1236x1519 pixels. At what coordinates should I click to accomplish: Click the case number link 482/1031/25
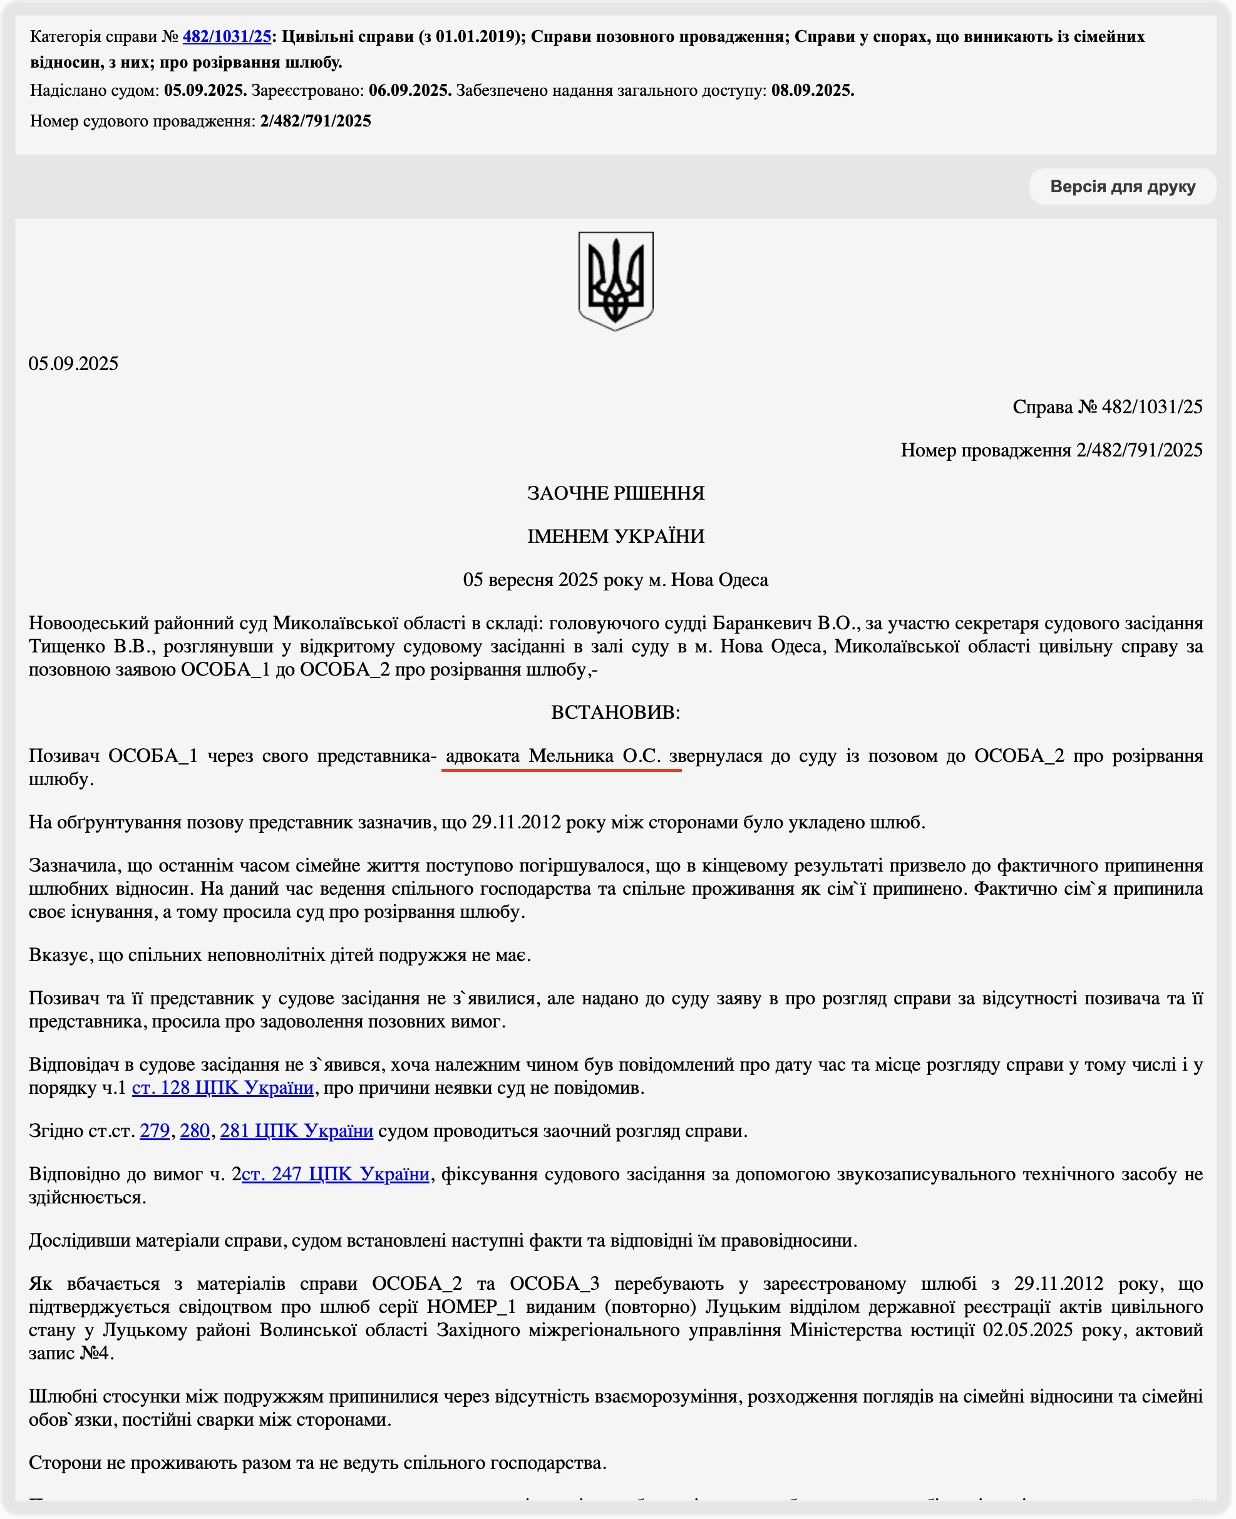click(227, 36)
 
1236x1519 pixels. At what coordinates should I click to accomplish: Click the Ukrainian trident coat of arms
click(616, 281)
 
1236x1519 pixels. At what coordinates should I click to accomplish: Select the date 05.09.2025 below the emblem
click(73, 364)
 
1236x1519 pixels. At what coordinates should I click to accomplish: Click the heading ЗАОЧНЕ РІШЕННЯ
click(616, 493)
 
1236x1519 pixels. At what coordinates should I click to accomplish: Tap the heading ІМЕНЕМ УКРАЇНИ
click(616, 537)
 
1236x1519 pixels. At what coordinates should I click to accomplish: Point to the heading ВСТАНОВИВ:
click(616, 713)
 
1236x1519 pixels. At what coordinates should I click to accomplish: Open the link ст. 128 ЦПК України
click(223, 1088)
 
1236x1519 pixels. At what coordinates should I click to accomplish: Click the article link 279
click(155, 1131)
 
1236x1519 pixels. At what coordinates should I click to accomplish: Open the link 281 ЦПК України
click(296, 1131)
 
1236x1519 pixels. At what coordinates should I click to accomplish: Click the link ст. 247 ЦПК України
click(336, 1175)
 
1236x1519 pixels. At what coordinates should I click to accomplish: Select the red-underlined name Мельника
click(571, 756)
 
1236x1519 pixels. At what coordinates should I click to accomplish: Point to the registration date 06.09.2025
click(410, 90)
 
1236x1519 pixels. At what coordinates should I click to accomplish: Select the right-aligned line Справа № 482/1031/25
click(1107, 407)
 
